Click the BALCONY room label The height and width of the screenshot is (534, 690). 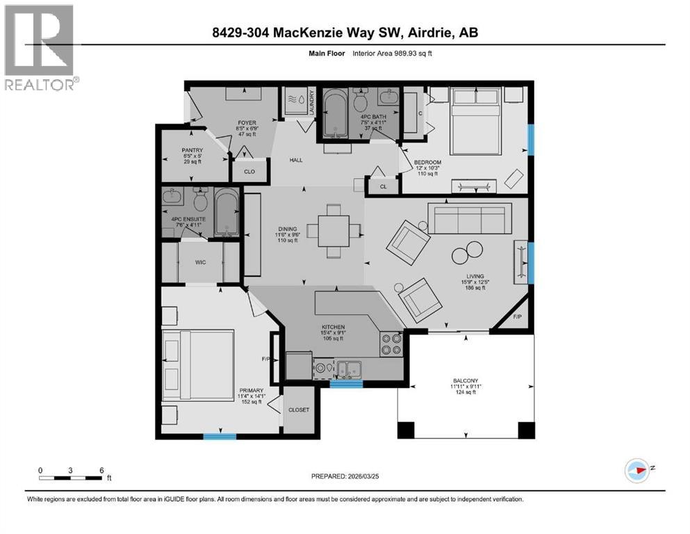tap(466, 380)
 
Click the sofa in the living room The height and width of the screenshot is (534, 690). tap(468, 218)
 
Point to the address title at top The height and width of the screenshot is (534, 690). tap(344, 32)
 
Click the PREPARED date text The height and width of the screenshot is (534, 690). tap(344, 476)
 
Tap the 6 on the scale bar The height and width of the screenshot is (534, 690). tap(101, 470)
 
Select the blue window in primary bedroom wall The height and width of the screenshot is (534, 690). tap(219, 437)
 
